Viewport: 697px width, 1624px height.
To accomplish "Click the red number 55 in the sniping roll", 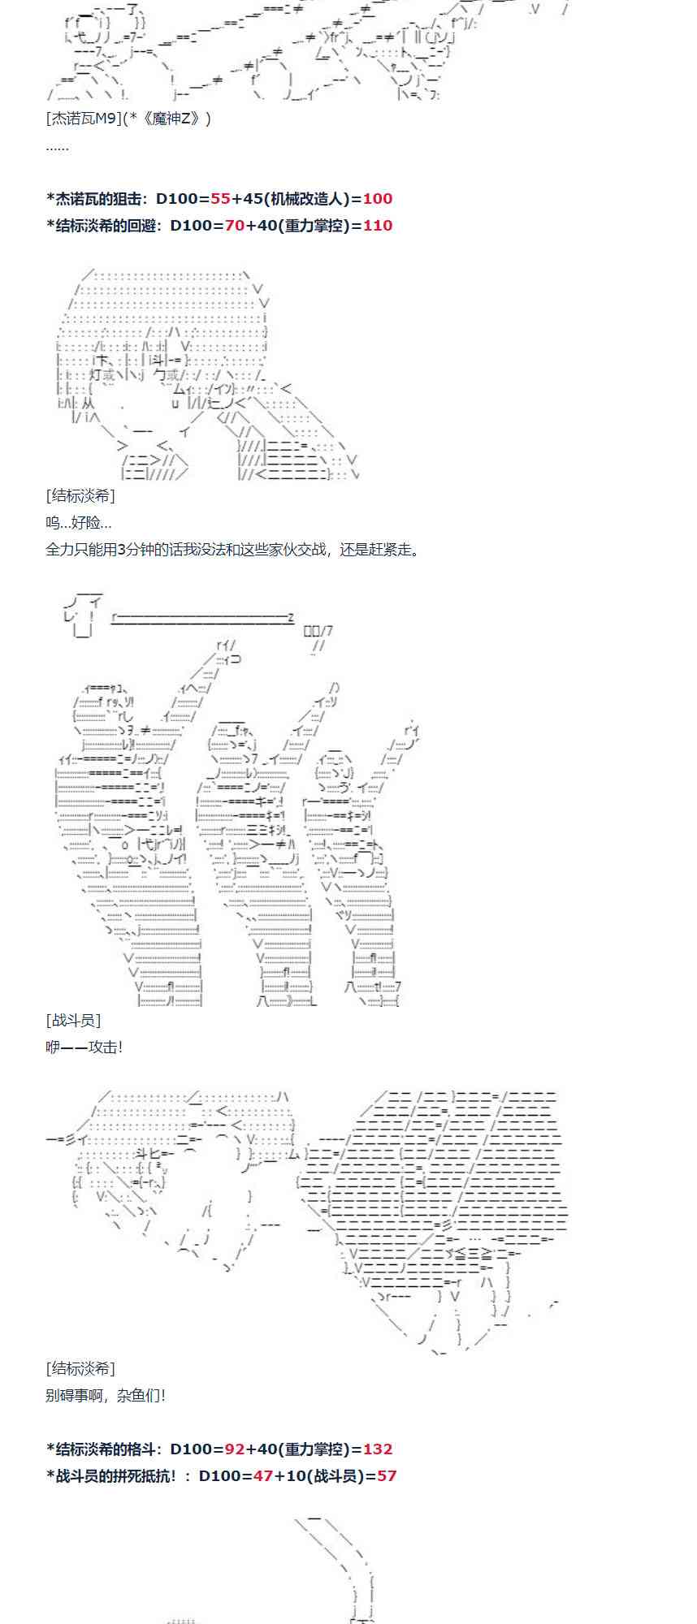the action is coord(220,199).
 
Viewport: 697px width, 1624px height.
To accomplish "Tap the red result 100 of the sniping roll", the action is coord(377,199).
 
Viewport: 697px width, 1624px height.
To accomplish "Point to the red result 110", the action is coord(377,226).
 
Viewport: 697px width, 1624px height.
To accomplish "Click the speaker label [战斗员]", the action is coord(74,1021).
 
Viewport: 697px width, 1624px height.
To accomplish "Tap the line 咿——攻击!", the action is coord(84,1047).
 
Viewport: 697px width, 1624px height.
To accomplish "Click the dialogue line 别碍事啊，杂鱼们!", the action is coord(106,1396).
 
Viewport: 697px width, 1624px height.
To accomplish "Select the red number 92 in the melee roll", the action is coord(235,1449).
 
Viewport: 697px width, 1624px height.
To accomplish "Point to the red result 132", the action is coord(377,1449).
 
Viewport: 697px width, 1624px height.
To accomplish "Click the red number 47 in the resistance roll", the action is coord(263,1476).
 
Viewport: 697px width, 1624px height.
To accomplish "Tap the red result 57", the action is coord(387,1476).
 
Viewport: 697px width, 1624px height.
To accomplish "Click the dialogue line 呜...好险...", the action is coord(79,523).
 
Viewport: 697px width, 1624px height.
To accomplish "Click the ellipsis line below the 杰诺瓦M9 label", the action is coord(58,146).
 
